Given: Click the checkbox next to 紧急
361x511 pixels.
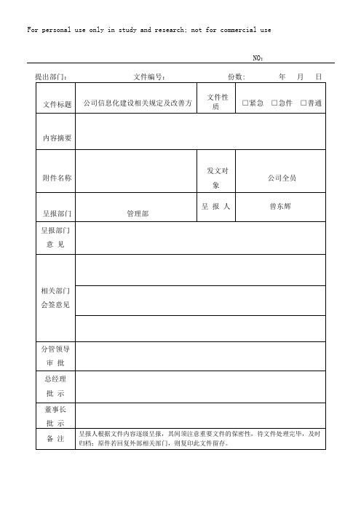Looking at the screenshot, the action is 246,104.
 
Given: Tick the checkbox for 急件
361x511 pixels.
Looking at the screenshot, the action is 275,104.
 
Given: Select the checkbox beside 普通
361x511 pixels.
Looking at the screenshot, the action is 304,104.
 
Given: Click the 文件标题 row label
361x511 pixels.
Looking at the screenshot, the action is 57,105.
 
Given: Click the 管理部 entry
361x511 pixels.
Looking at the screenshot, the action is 138,214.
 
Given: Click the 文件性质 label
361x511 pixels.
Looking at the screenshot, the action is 218,101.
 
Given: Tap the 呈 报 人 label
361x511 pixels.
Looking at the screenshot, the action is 216,207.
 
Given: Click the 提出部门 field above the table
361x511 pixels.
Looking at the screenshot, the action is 52,76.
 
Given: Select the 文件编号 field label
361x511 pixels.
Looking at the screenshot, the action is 151,76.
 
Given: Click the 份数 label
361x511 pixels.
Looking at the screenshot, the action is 237,76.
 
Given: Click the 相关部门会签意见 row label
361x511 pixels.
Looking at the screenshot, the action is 55,297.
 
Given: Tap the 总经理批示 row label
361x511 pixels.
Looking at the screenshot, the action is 55,386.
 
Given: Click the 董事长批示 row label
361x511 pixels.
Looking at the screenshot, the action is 55,416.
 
